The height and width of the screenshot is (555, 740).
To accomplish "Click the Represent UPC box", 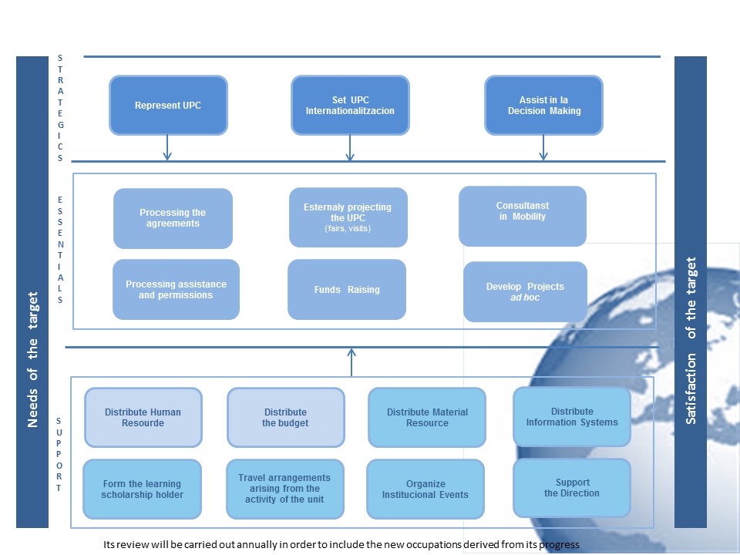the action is (x=169, y=106).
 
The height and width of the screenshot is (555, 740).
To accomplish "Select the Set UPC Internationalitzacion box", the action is (x=350, y=106).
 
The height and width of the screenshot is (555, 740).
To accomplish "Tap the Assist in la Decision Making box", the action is (x=543, y=106).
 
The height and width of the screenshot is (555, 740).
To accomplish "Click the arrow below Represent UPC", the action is (x=167, y=148).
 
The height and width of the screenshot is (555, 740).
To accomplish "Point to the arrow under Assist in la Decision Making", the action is (x=543, y=148).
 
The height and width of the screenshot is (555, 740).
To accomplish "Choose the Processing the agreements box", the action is (x=173, y=218).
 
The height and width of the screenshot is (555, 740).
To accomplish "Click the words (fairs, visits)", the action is (x=348, y=228).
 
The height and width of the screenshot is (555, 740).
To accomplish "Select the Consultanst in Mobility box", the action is (x=523, y=216).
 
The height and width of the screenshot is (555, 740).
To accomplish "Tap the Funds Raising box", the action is (x=347, y=289).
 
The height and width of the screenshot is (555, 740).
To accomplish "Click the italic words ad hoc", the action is (x=525, y=298).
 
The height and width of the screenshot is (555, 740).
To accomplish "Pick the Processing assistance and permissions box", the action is (x=176, y=289).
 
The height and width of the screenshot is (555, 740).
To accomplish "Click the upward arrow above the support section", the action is (x=351, y=362).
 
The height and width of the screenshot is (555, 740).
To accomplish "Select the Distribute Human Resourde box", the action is (x=143, y=417).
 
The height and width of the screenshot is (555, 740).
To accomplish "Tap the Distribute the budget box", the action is (x=286, y=417).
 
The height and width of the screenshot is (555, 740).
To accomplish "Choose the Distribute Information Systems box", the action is (x=572, y=417).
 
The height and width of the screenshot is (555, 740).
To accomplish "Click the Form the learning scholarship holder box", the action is (x=143, y=489).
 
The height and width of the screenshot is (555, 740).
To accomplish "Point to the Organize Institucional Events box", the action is (x=425, y=489).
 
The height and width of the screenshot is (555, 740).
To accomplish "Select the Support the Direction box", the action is (x=572, y=488).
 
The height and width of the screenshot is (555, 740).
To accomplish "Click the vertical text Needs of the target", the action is (x=32, y=360).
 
